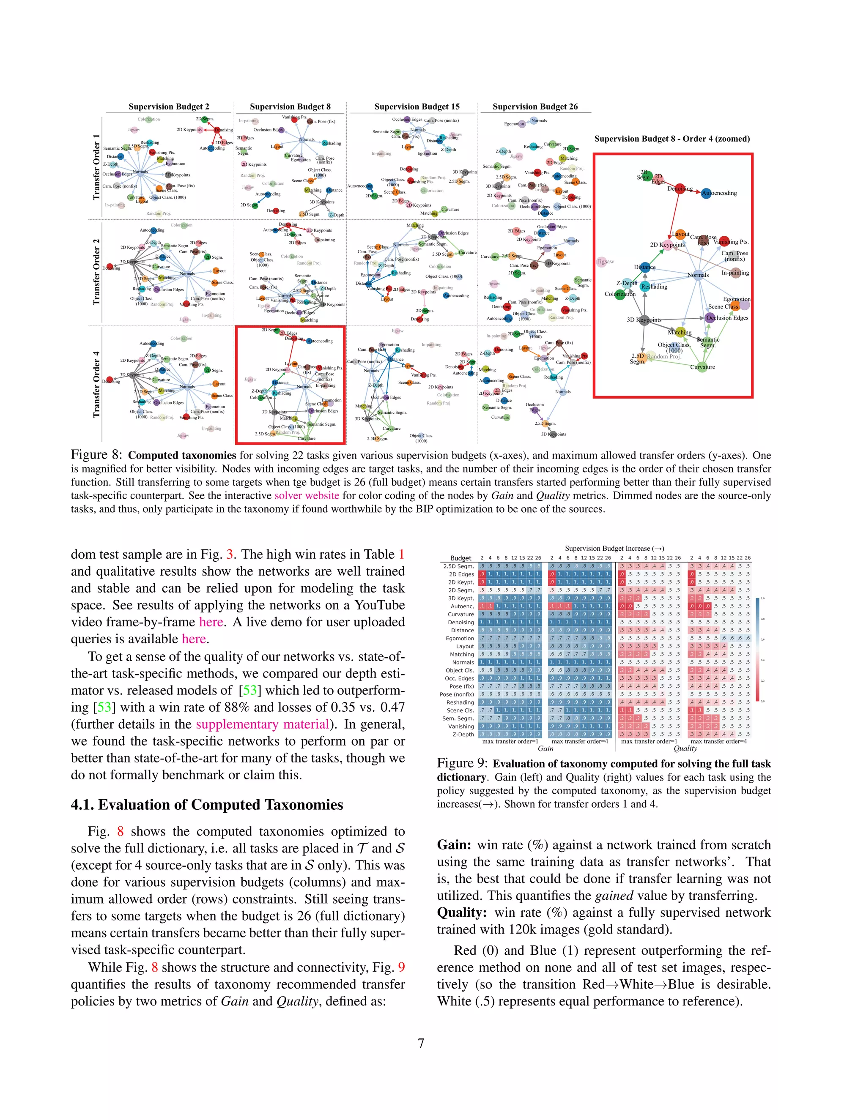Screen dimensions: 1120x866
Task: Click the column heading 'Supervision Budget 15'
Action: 417,107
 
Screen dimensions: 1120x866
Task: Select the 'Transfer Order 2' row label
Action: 96,272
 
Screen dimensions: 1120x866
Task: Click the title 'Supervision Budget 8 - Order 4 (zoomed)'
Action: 671,139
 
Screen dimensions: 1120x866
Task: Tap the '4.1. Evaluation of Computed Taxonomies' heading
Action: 207,805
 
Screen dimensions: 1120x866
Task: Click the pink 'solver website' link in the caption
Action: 306,495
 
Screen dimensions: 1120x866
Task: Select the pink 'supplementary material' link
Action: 262,724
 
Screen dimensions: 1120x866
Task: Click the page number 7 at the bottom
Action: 421,1043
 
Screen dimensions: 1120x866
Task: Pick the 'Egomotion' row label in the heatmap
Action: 460,639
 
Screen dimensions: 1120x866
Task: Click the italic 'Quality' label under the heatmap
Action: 685,748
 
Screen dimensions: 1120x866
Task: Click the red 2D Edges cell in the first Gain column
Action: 482,574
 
